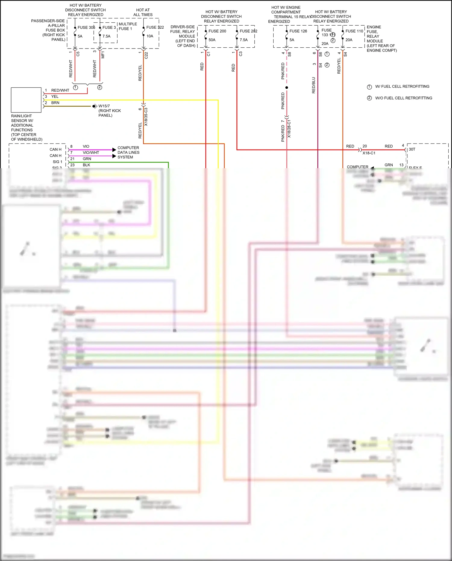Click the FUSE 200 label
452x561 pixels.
pos(217,31)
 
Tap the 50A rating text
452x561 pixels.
pos(212,40)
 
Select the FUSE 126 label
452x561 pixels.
pos(298,31)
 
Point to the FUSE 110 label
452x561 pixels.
pos(354,31)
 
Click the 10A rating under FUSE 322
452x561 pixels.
pos(150,36)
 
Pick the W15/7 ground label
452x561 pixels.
pos(104,106)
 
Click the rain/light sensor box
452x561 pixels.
pos(26,100)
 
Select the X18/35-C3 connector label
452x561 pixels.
pos(146,117)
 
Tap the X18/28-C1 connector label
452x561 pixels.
pos(289,129)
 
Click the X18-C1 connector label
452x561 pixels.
pos(369,153)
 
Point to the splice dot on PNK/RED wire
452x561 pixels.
pos(287,88)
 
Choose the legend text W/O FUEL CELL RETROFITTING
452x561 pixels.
pos(403,98)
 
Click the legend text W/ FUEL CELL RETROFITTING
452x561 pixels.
pos(402,87)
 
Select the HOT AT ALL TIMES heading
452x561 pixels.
pos(143,12)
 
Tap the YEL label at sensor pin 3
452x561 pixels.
pos(55,96)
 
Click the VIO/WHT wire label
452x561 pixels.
pos(91,153)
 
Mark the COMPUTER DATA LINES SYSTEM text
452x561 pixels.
pos(128,153)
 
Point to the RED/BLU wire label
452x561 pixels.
pos(313,85)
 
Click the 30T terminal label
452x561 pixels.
pos(412,150)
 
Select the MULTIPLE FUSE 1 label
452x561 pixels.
pos(127,26)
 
